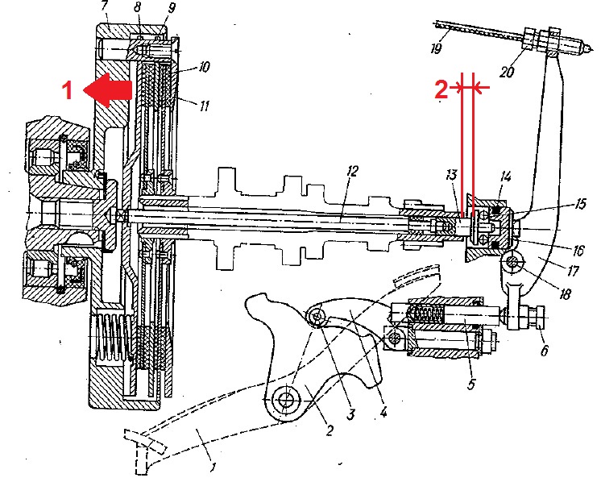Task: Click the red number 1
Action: [x=68, y=90]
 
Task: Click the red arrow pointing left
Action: [x=110, y=89]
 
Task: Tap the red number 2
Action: [x=441, y=89]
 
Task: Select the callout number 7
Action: [x=105, y=7]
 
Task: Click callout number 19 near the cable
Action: [x=436, y=48]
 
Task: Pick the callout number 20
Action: [x=506, y=71]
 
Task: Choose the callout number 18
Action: [x=563, y=295]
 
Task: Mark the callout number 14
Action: [x=505, y=176]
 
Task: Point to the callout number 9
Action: [x=169, y=9]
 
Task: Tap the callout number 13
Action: [x=452, y=176]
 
